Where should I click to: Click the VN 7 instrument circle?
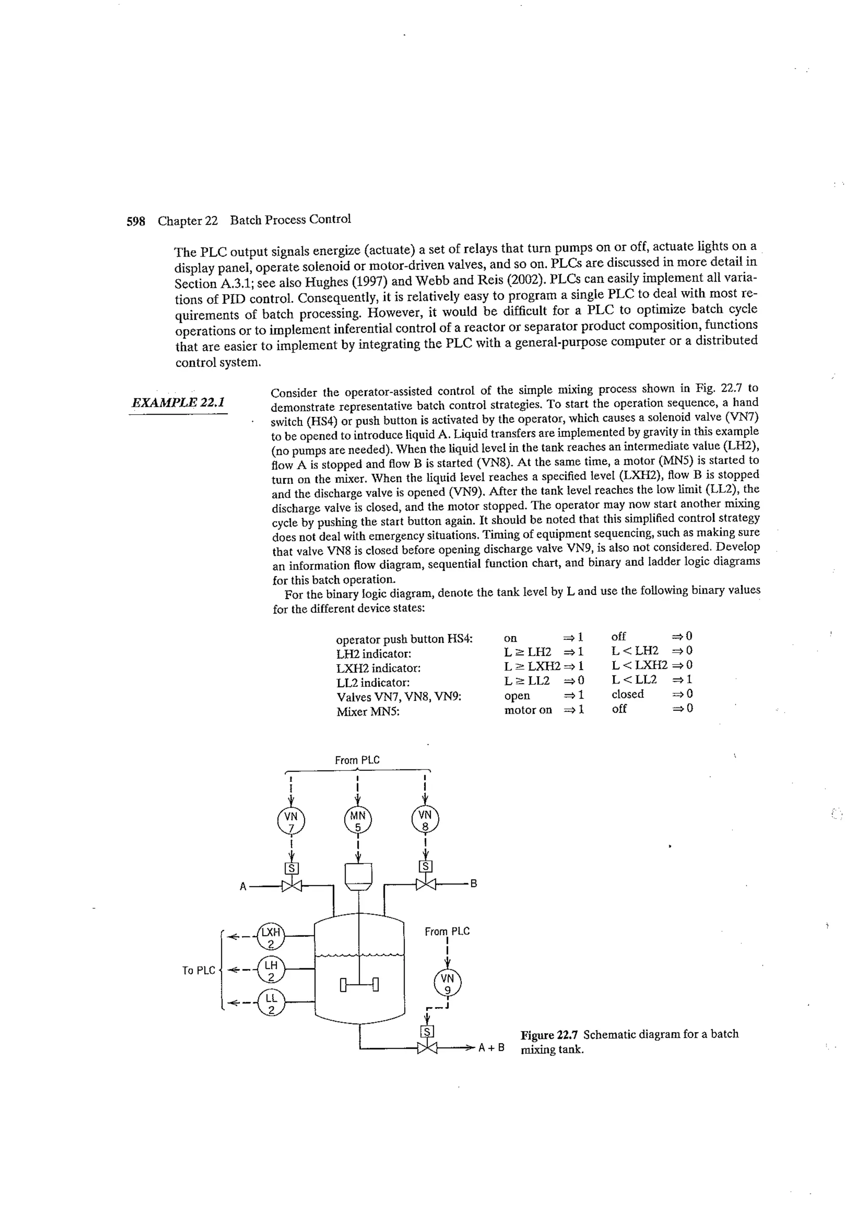pos(291,821)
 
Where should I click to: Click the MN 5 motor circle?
pos(358,820)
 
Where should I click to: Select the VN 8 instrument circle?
pos(425,820)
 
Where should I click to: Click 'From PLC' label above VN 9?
pos(447,931)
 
